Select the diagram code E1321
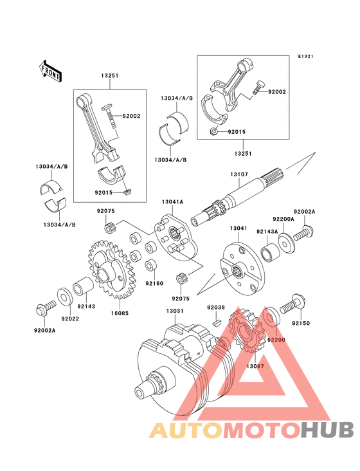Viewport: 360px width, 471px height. [x=305, y=56]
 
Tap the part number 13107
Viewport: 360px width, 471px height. [x=239, y=174]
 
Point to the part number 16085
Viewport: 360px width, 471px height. [x=120, y=313]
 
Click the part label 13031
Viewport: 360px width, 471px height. [x=175, y=311]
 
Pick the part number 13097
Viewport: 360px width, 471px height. [x=255, y=366]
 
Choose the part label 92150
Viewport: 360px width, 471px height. [x=301, y=323]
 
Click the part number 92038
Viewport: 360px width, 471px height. [x=216, y=308]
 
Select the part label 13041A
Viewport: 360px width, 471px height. [x=172, y=202]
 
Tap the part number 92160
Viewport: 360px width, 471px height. [x=154, y=283]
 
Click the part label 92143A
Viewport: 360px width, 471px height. [x=267, y=231]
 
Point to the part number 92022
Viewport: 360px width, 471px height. [x=70, y=319]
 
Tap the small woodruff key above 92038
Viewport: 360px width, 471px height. [x=216, y=323]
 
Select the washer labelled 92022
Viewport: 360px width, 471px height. [x=64, y=297]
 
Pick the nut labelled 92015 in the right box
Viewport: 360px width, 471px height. [x=213, y=131]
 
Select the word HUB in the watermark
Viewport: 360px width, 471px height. [x=327, y=430]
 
